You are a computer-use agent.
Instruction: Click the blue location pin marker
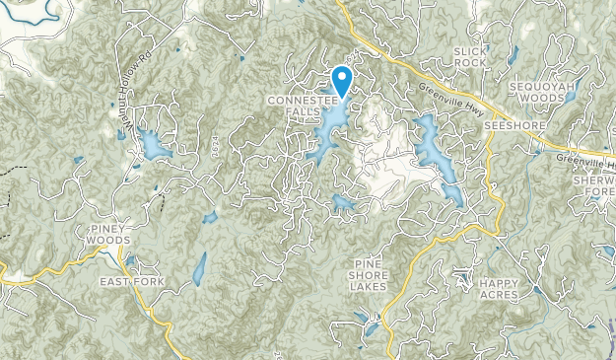[x=343, y=79]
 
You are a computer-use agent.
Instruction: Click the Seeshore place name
[x=508, y=126]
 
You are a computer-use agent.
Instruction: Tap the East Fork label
[x=132, y=282]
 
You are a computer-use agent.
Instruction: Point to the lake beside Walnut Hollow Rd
[x=154, y=146]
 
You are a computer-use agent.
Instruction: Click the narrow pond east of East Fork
[x=199, y=267]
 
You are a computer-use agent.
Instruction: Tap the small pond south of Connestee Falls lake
[x=344, y=203]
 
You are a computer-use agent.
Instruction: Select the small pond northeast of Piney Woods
[x=209, y=217]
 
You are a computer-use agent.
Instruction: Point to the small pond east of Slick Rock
[x=513, y=54]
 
